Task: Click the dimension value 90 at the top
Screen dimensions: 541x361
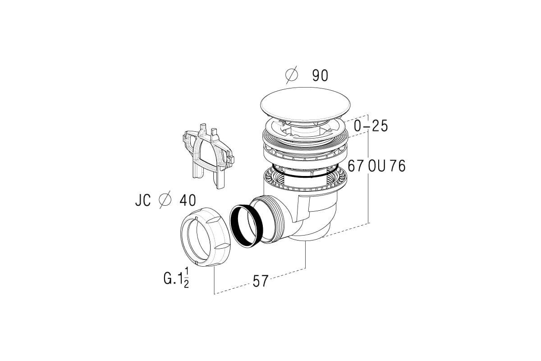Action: coord(320,75)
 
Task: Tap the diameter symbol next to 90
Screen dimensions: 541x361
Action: coord(292,75)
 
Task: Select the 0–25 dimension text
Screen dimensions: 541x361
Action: coord(371,126)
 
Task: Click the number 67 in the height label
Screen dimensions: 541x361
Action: coord(356,166)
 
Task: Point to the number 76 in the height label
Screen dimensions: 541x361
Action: coord(398,166)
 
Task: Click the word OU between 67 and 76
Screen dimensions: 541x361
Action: coord(377,166)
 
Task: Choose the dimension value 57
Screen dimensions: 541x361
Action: coord(261,281)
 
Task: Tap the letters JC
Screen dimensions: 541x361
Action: coord(143,200)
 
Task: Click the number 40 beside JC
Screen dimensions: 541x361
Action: coord(188,200)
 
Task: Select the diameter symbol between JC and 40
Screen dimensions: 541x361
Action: coord(165,200)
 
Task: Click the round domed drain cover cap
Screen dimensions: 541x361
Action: coord(305,104)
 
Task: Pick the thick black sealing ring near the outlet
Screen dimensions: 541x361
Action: coord(246,225)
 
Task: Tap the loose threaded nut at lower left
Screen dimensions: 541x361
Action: coord(206,237)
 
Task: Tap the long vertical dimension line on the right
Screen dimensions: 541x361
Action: coord(368,169)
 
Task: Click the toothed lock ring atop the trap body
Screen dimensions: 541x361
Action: coord(305,179)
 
